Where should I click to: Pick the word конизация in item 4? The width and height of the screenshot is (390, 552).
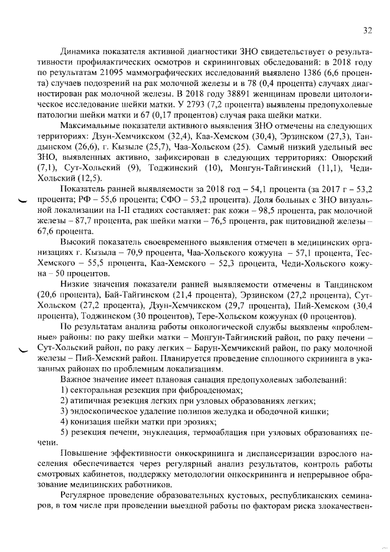[x=93, y=422]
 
